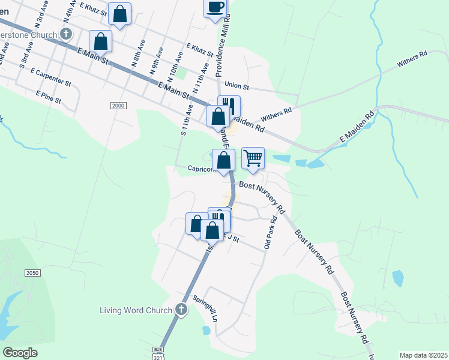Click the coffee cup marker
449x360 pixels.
point(215,8)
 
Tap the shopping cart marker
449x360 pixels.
point(253,158)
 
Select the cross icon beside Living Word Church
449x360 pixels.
point(181,310)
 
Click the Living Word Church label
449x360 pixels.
point(136,310)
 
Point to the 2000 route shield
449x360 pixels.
point(118,106)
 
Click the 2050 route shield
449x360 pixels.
point(32,273)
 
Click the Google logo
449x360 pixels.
point(20,353)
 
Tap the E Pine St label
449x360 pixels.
point(49,97)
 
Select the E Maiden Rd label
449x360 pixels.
point(357,128)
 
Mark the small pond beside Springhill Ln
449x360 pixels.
point(206,329)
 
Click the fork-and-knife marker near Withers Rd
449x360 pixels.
point(229,106)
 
